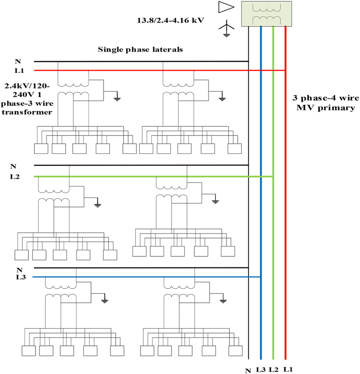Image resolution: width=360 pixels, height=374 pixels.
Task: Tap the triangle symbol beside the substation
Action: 226,7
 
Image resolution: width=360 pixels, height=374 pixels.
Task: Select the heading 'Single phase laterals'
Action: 140,50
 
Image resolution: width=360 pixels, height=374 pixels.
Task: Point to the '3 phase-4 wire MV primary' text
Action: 324,103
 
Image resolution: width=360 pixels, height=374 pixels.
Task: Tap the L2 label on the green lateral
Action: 15,176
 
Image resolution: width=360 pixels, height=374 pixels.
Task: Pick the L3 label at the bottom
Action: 260,369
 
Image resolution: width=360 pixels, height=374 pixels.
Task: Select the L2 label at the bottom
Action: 274,369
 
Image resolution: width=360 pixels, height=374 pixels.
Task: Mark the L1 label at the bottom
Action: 288,369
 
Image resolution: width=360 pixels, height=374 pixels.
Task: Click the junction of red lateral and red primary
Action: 286,70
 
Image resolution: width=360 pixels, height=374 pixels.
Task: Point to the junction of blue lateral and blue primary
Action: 261,277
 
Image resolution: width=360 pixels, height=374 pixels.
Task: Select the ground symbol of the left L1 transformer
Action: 116,99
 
